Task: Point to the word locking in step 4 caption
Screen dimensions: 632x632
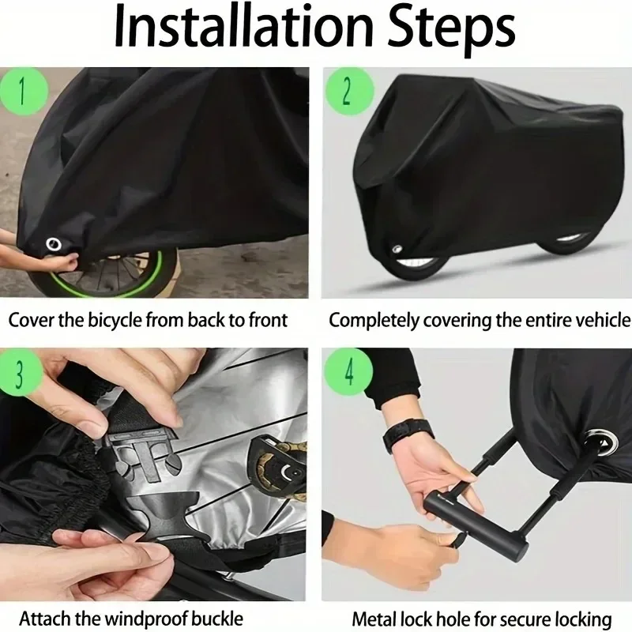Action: pos(585,617)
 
